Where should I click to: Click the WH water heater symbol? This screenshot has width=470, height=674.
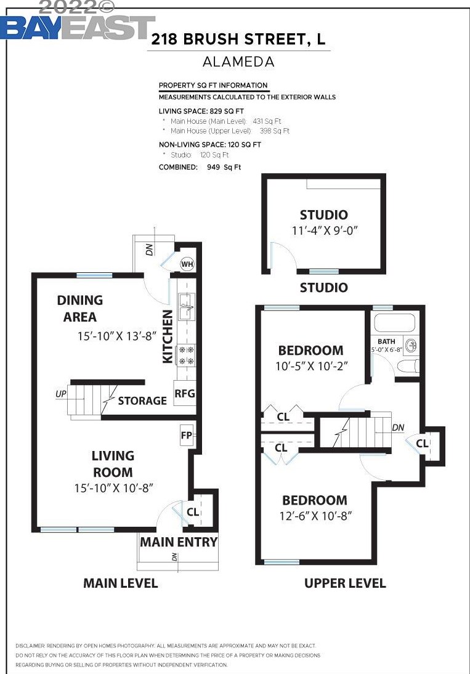(x=187, y=264)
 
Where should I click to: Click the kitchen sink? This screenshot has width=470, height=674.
(x=187, y=307)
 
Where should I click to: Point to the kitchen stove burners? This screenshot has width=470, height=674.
(x=186, y=355)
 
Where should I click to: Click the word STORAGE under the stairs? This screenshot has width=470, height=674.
(x=142, y=400)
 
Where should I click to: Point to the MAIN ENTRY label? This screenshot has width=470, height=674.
(x=179, y=542)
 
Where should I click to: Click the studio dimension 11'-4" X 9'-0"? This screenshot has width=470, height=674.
(x=325, y=230)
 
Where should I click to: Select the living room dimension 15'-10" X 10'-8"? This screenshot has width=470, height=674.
(x=113, y=487)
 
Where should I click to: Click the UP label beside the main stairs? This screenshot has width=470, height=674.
(x=61, y=393)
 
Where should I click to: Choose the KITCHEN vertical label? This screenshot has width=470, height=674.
(x=168, y=337)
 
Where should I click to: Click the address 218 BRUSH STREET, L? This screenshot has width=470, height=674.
(x=238, y=40)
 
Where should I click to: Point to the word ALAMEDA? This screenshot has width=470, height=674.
(x=238, y=62)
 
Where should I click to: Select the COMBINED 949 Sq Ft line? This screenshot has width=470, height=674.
(x=200, y=167)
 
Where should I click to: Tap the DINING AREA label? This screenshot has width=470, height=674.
(x=79, y=309)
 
